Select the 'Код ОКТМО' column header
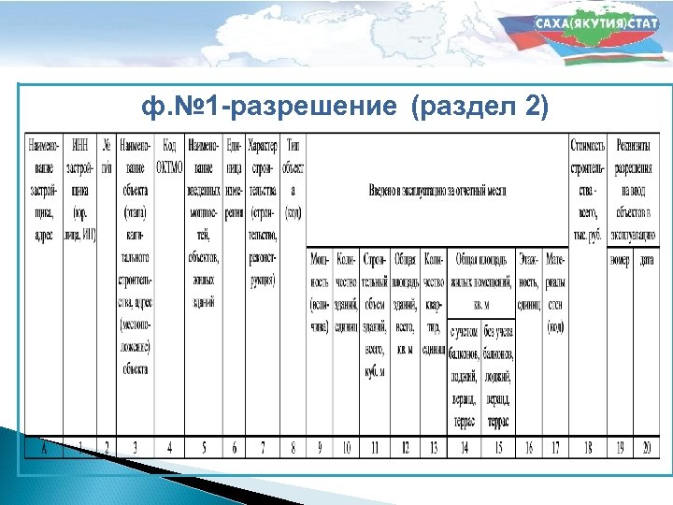tap(169, 155)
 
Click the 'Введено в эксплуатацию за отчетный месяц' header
tap(437, 191)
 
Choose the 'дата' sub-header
tap(646, 258)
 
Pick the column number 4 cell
tap(169, 446)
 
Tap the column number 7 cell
tap(264, 446)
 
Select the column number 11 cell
tap(375, 446)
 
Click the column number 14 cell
tap(464, 446)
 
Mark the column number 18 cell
tap(588, 446)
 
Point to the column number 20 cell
tap(646, 446)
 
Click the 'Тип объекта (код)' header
tap(294, 178)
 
